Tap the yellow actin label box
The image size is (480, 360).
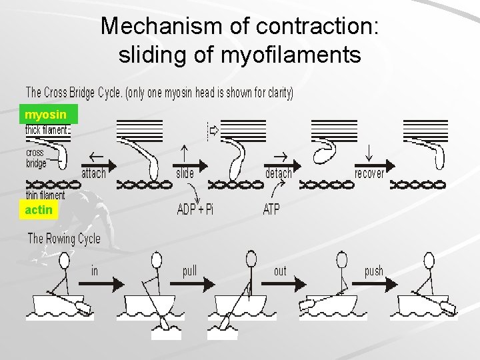[39, 211]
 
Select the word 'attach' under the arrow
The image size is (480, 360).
[93, 173]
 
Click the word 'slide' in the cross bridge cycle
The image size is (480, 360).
[185, 173]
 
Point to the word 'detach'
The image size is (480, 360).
[278, 173]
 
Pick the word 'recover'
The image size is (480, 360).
[369, 173]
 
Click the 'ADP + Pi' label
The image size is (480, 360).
[195, 209]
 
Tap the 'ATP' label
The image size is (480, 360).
[271, 209]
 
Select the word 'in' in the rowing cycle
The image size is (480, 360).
[95, 271]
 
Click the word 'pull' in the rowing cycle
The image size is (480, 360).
[189, 271]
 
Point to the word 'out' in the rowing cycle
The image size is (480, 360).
[280, 271]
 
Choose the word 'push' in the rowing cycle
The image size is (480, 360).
[374, 271]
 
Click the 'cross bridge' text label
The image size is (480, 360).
[36, 157]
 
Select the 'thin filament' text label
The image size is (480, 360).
[45, 195]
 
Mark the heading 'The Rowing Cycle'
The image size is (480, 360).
[64, 239]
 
